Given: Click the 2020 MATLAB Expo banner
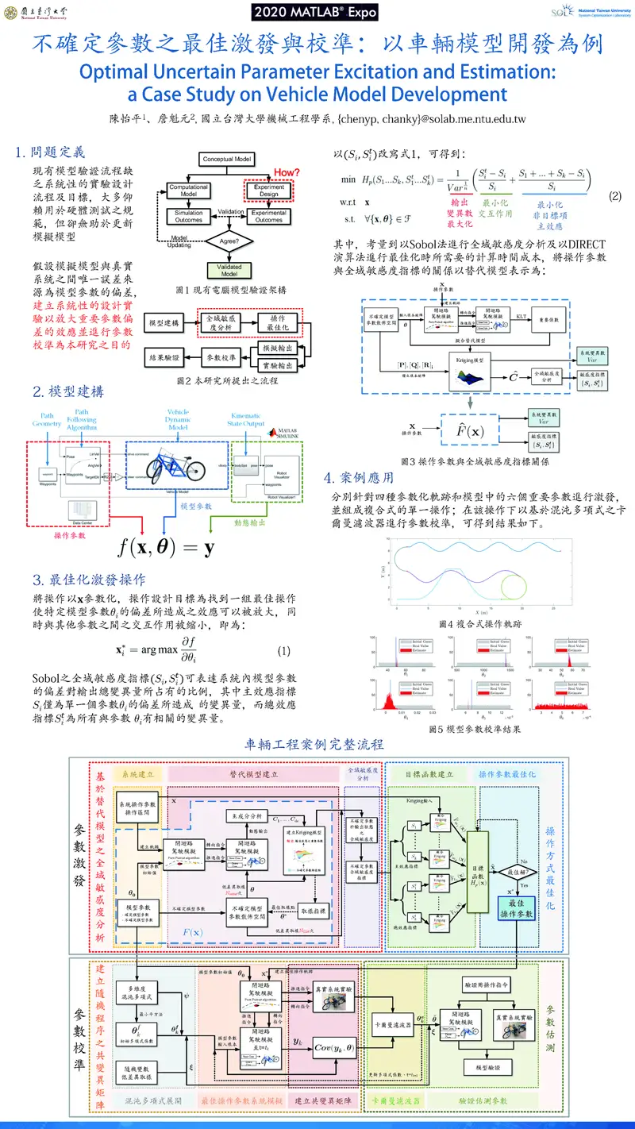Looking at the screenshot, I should click(317, 12).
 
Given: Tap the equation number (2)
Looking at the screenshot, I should click(614, 195).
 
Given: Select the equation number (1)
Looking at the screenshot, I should click(284, 652).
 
